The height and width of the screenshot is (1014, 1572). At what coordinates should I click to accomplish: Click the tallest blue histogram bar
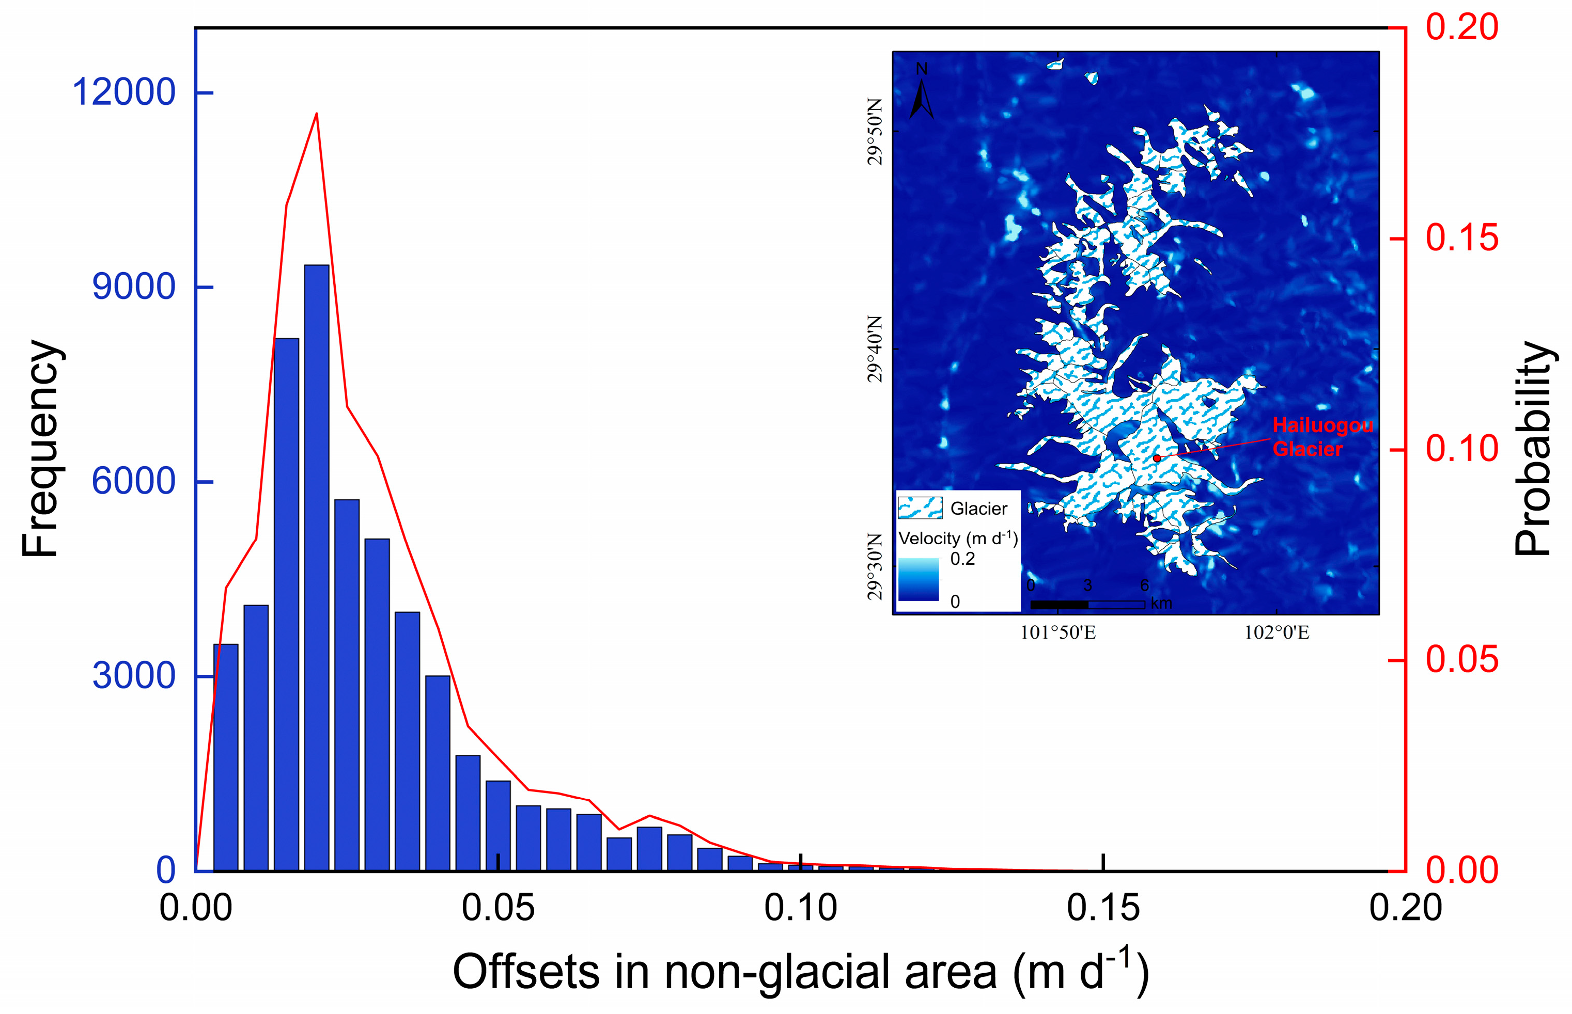[316, 566]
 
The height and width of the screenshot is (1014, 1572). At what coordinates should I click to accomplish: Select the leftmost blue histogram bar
[225, 757]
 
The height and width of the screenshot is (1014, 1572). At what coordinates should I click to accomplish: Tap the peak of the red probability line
[317, 114]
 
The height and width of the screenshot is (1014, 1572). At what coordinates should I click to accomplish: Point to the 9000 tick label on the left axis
[133, 287]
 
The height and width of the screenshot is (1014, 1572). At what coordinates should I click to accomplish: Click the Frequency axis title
[41, 449]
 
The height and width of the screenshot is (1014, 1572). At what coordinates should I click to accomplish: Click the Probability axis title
[1534, 449]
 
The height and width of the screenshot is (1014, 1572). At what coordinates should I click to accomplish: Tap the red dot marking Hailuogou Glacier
[1157, 457]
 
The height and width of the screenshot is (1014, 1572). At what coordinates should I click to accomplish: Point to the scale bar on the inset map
[1087, 604]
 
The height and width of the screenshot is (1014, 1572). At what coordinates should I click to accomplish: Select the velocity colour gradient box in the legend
[919, 579]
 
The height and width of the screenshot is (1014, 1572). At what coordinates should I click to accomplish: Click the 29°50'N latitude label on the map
[874, 132]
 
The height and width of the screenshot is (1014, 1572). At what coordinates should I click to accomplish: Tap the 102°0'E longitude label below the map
[1276, 633]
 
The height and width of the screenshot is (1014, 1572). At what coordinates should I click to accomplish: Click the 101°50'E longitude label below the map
[1057, 633]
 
